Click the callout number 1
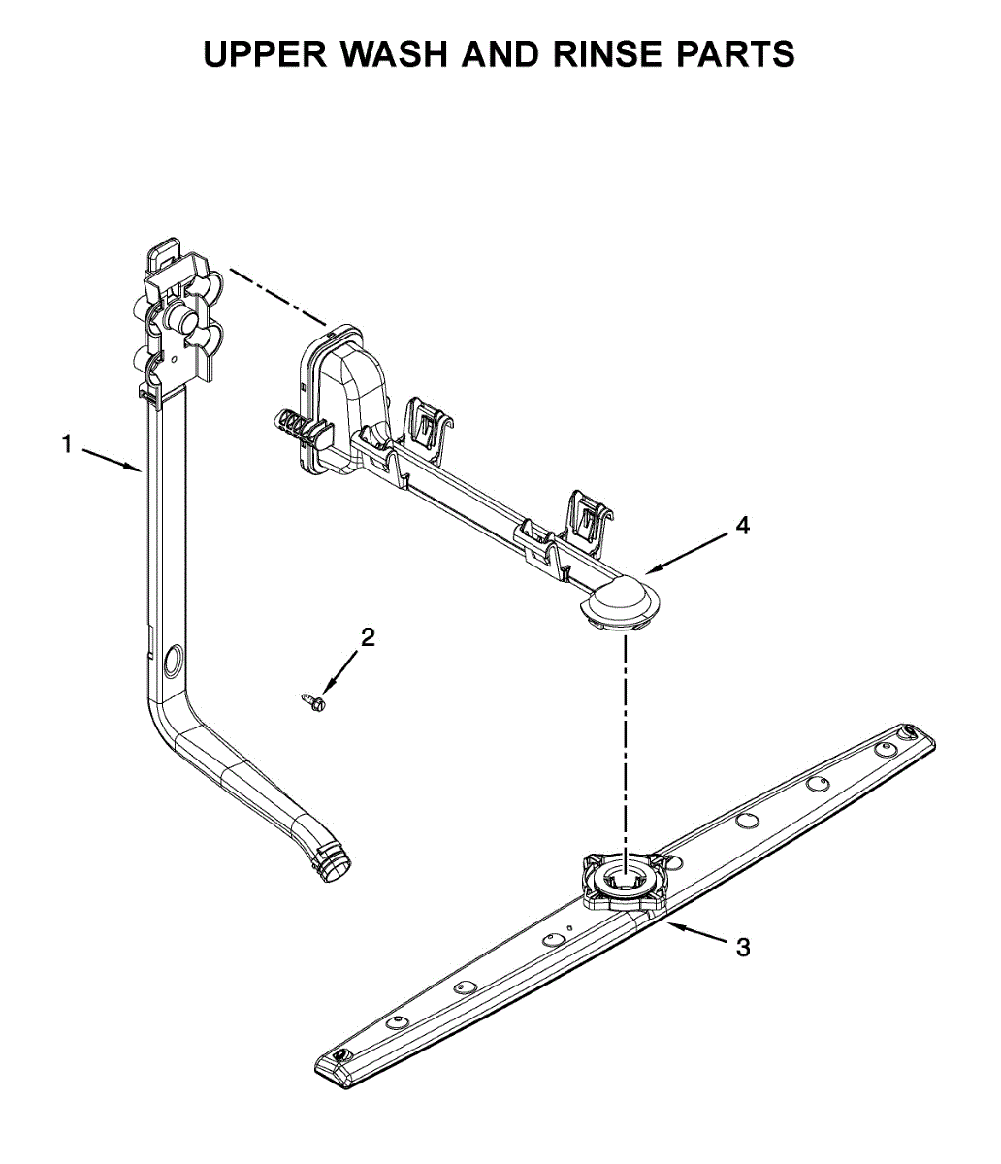(x=67, y=445)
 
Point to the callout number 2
(x=368, y=637)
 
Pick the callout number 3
(x=743, y=948)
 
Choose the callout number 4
(x=742, y=527)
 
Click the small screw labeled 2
(x=310, y=699)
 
